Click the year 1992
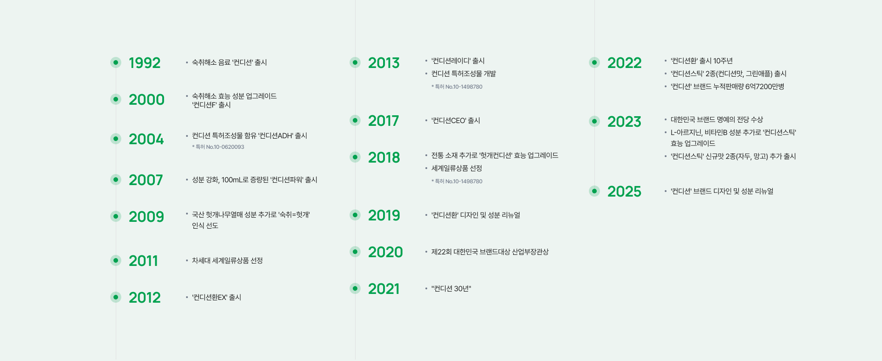pyautogui.click(x=144, y=63)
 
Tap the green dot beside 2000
pyautogui.click(x=116, y=99)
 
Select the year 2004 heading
pyautogui.click(x=146, y=139)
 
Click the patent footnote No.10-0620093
pyautogui.click(x=218, y=147)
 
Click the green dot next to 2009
pyautogui.click(x=116, y=216)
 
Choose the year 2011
pyautogui.click(x=143, y=261)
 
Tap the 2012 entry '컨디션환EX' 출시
pyautogui.click(x=216, y=298)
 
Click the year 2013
pyautogui.click(x=384, y=63)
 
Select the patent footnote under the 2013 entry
pyautogui.click(x=457, y=87)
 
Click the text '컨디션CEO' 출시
pyautogui.click(x=456, y=121)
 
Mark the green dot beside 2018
pyautogui.click(x=355, y=157)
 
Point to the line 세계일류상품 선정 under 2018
pyautogui.click(x=457, y=169)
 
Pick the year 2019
pyautogui.click(x=384, y=215)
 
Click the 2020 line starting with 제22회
pyautogui.click(x=490, y=252)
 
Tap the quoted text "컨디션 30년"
pyautogui.click(x=451, y=289)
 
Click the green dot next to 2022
pyautogui.click(x=594, y=62)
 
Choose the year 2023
pyautogui.click(x=624, y=122)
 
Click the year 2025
pyautogui.click(x=624, y=192)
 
